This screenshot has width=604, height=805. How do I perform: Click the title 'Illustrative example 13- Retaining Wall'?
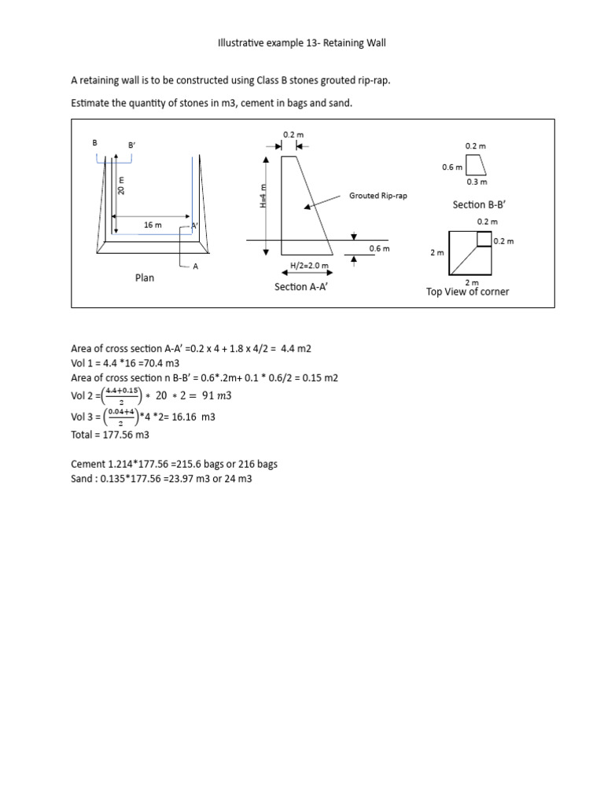(x=301, y=43)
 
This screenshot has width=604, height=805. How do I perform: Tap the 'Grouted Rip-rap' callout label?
(x=378, y=195)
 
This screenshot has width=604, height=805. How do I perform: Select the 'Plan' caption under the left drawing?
(x=144, y=278)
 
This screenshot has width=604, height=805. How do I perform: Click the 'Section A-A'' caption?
(x=300, y=287)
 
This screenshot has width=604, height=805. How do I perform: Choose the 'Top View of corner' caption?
(x=467, y=292)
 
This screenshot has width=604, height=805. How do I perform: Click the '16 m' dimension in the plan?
(x=153, y=226)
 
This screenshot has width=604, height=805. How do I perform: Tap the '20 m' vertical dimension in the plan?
(x=122, y=186)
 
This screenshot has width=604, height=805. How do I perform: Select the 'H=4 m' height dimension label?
(x=263, y=195)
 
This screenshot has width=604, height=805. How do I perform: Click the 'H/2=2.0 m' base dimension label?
(x=309, y=266)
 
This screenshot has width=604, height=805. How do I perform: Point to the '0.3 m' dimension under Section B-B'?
(x=477, y=182)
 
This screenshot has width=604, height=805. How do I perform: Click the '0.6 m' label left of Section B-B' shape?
(x=451, y=167)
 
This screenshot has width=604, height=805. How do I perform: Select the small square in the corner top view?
(x=482, y=239)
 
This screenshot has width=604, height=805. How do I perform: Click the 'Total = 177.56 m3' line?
(x=110, y=435)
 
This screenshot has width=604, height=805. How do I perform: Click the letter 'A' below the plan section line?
(x=196, y=266)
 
